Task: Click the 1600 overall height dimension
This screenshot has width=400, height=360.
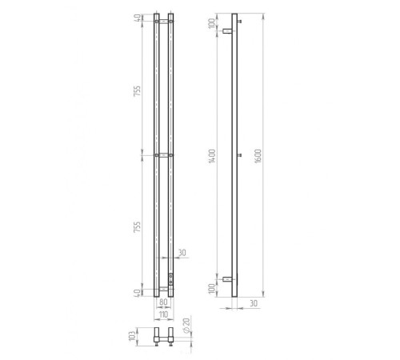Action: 258,156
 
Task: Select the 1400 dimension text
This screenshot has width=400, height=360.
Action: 212,156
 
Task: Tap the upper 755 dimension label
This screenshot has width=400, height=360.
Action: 137,91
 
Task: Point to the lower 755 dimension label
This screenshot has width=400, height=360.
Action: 137,227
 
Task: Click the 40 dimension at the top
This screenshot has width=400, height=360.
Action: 138,18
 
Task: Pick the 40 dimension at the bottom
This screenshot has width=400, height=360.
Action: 138,293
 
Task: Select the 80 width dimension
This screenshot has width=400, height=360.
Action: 163,302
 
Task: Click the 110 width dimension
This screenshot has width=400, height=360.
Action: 163,314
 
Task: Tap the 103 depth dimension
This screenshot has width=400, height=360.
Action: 132,336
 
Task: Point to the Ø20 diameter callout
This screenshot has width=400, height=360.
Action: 186,326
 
